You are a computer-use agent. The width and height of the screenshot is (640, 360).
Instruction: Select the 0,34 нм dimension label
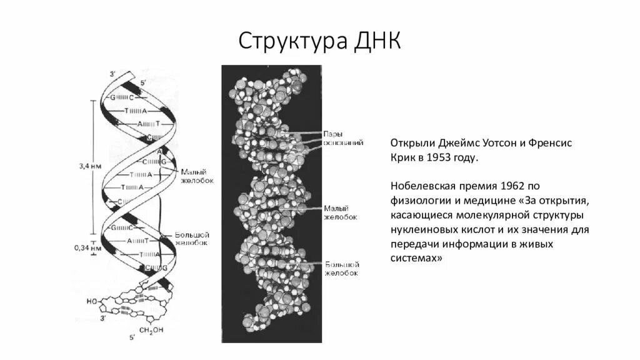click(x=86, y=247)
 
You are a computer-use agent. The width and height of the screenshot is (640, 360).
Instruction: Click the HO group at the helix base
click(x=92, y=301)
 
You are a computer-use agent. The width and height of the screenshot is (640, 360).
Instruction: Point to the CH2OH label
click(x=151, y=329)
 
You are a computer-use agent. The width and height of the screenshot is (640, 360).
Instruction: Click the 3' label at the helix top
click(x=112, y=74)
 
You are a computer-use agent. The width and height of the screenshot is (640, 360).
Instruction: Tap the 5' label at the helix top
click(x=143, y=82)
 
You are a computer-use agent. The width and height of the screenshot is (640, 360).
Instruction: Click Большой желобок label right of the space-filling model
click(x=341, y=269)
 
